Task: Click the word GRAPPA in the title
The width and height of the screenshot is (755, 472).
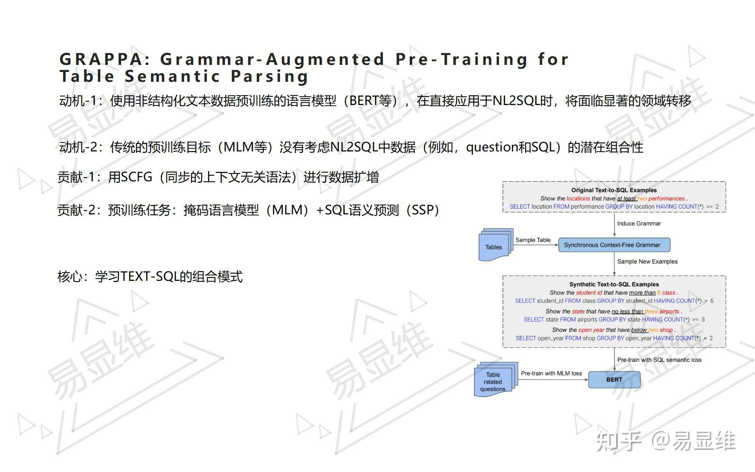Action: coord(101,60)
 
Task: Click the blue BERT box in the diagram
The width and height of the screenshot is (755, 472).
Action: coord(614,380)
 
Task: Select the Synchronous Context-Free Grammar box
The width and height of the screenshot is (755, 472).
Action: coord(614,245)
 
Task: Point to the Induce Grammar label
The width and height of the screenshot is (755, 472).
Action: coord(639,223)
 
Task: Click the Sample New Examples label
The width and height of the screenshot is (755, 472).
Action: coord(647,262)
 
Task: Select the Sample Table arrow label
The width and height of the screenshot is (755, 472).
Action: coord(533,240)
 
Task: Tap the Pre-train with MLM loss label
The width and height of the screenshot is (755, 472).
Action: coord(551,373)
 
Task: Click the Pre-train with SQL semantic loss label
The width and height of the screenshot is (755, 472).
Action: coord(659,360)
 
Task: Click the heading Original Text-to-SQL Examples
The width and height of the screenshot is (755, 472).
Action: coord(614,190)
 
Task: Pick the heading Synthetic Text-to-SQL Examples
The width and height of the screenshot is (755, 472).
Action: coord(614,284)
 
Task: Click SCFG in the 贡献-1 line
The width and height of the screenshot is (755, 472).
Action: coord(136,177)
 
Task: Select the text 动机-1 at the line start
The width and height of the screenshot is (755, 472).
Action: coord(78,101)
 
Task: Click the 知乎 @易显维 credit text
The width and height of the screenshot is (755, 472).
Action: coord(665,441)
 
